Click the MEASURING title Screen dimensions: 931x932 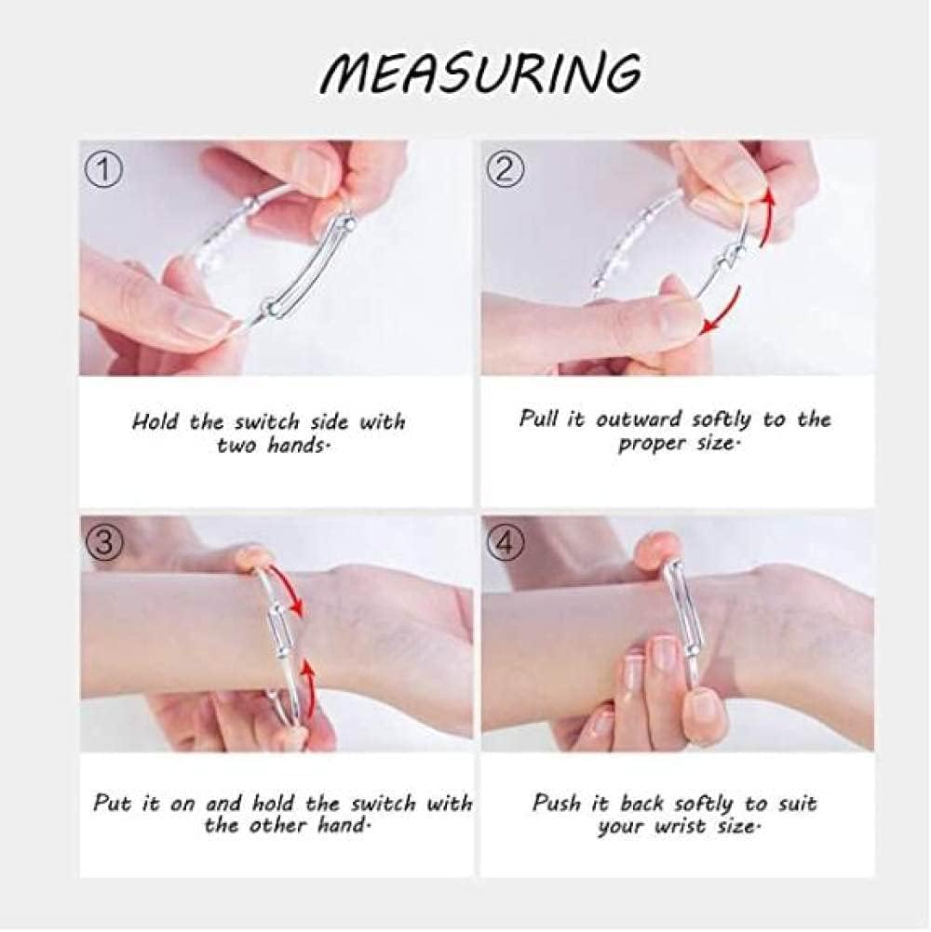coord(480,73)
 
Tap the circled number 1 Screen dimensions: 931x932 coord(104,170)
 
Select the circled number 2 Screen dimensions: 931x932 coord(505,170)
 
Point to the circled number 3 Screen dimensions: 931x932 coord(104,542)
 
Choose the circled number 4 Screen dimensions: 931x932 coord(505,542)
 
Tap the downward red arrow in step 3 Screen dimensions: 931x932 coord(288,588)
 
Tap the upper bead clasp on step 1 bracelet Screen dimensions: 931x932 coord(348,225)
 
